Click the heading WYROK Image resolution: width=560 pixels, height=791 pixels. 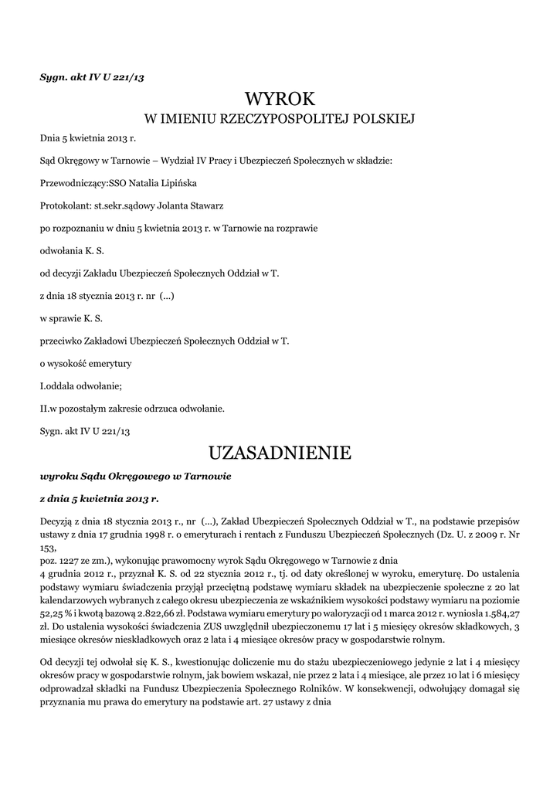point(280,99)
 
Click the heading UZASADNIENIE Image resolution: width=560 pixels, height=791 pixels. point(280,451)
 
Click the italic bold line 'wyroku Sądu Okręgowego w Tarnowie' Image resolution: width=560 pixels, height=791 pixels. point(135,476)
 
